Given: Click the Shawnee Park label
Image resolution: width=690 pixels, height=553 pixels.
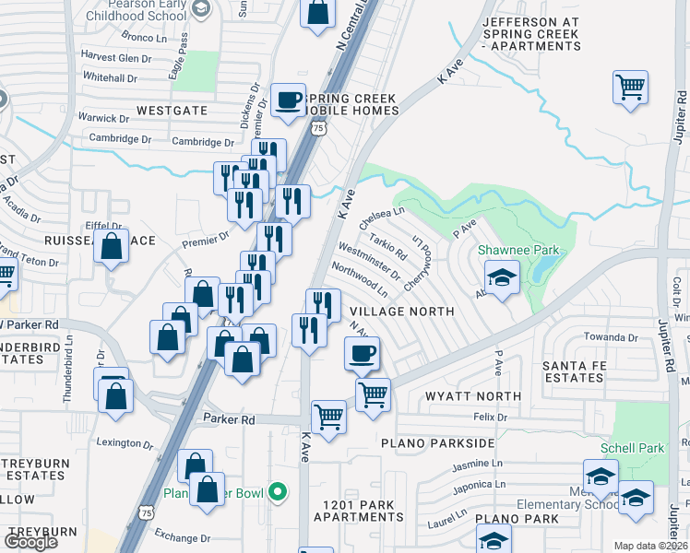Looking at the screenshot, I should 507,250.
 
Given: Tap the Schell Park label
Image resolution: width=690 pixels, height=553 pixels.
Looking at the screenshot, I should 632,448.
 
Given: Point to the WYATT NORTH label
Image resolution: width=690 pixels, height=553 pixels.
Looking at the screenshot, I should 473,395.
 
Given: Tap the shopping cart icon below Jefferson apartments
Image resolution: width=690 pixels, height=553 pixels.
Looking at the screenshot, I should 630,88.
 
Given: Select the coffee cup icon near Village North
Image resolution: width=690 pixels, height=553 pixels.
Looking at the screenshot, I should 362,352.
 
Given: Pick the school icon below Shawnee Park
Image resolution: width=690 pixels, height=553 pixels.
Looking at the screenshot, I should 502,277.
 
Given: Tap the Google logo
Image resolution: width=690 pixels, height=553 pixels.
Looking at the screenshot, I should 31,542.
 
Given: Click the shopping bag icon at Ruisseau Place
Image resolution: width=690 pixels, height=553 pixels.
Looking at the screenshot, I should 112,247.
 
